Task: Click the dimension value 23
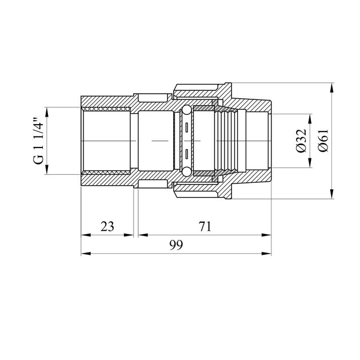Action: (107, 226)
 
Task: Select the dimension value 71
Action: (205, 226)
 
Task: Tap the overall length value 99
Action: (177, 245)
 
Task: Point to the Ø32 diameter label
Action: (301, 141)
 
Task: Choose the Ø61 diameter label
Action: (323, 141)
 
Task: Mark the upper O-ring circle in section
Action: (186, 110)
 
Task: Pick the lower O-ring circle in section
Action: (186, 172)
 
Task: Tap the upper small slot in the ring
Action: (187, 127)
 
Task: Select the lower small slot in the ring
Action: (187, 154)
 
